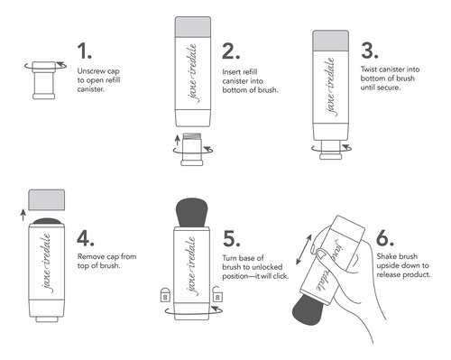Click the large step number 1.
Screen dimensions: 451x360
84,51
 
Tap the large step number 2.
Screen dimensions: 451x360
231,51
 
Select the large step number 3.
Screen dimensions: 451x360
370,51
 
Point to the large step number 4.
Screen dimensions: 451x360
86,238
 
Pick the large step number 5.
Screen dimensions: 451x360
231,239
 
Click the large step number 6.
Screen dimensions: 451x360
385,237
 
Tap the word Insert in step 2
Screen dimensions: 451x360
231,72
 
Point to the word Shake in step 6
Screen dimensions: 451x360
386,256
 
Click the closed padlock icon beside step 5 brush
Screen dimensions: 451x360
165,294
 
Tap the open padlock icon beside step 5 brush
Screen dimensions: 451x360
217,294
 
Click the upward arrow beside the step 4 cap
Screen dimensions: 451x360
23,215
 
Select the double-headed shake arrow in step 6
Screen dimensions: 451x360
304,250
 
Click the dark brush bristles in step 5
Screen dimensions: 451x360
191,212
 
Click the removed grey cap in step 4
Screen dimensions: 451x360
47,199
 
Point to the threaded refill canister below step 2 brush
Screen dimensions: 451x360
192,149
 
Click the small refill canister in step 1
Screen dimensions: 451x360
44,80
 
